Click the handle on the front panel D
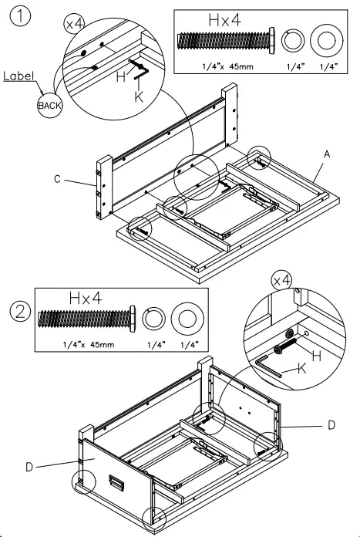coord(116,482)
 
